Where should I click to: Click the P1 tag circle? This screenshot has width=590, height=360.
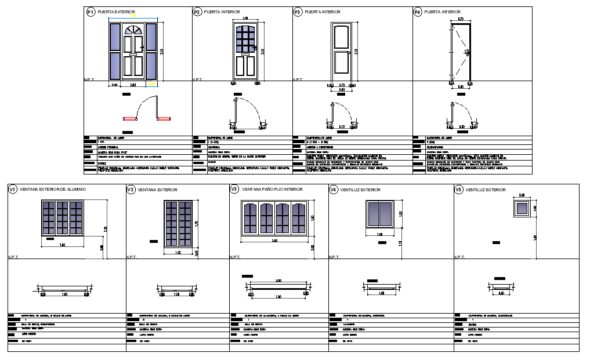click(x=90, y=12)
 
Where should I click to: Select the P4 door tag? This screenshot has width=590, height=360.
click(x=417, y=12)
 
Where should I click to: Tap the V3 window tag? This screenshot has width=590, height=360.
click(x=234, y=190)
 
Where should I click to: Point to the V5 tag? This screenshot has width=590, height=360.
click(x=458, y=190)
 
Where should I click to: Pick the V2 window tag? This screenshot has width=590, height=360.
click(x=131, y=190)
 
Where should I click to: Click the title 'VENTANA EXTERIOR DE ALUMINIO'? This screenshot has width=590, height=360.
click(x=53, y=190)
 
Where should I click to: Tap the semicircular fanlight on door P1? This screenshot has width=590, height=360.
click(x=133, y=31)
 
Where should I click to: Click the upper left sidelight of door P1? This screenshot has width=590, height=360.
click(x=115, y=37)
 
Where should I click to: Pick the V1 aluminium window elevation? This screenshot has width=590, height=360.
click(x=62, y=217)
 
